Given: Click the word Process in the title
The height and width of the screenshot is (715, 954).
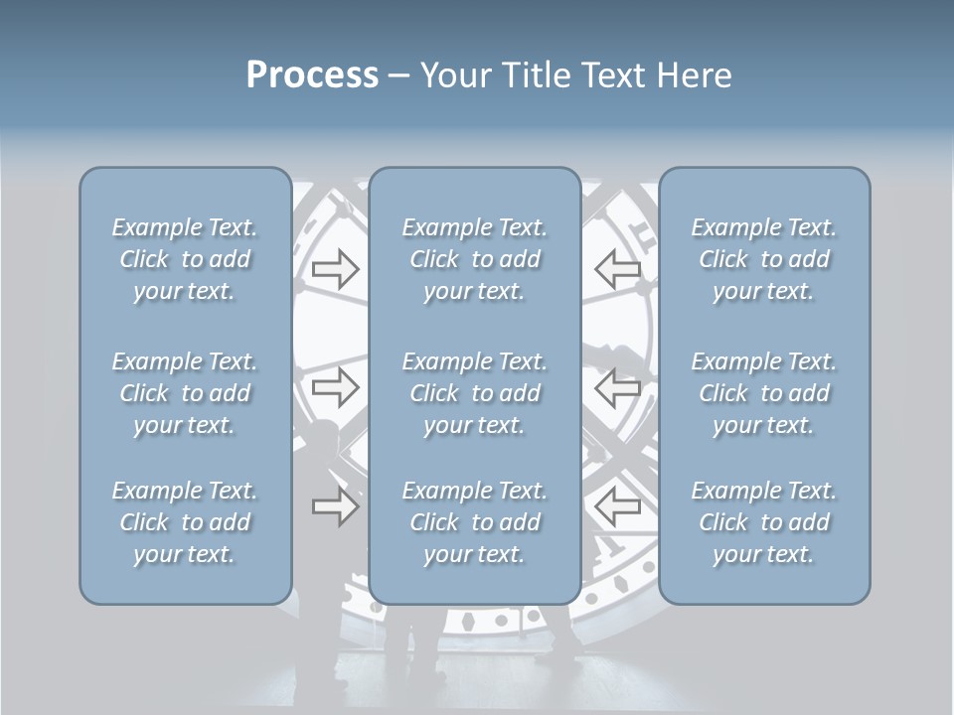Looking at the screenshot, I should tap(312, 75).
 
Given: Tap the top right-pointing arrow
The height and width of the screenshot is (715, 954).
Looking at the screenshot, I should tap(335, 269).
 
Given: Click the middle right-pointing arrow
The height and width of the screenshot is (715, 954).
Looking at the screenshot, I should tap(335, 387).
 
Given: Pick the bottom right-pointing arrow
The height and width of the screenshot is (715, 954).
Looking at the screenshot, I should tap(335, 506).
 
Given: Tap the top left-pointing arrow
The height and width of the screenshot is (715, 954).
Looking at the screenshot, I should tap(617, 269).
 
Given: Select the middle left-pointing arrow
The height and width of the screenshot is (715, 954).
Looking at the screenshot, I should tap(617, 387).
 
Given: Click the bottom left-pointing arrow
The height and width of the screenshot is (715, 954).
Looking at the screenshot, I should tap(617, 506).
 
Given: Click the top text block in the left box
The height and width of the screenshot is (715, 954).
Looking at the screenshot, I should tap(185, 259).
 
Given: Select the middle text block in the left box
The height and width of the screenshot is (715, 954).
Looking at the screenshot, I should tap(185, 393).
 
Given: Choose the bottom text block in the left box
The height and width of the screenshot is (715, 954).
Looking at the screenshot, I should tap(185, 522).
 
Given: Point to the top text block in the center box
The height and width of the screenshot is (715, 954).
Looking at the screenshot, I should tap(474, 259).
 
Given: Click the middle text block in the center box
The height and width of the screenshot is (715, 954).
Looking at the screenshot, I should tap(474, 393).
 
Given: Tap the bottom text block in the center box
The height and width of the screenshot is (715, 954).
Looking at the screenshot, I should tap(474, 522).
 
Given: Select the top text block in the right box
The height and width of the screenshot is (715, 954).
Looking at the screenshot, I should tap(763, 259).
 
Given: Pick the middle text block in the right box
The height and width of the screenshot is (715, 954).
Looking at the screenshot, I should tap(763, 393).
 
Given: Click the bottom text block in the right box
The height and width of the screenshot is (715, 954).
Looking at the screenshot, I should tap(763, 522).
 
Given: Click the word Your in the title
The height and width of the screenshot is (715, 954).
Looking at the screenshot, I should tap(452, 75).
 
